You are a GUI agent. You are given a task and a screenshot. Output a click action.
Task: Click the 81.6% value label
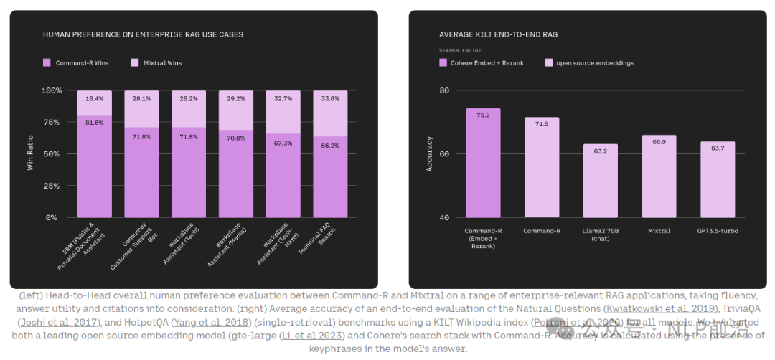(x=94, y=123)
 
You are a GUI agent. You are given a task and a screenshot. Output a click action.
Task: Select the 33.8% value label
(x=330, y=99)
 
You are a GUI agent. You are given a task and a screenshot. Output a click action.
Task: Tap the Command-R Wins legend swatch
(x=47, y=63)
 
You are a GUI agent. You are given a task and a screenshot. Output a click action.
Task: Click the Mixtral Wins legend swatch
(x=135, y=63)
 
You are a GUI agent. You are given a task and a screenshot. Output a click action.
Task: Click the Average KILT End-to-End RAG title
(x=498, y=34)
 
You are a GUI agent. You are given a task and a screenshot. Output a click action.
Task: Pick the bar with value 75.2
(x=483, y=163)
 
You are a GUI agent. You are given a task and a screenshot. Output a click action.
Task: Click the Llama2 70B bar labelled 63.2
(x=600, y=181)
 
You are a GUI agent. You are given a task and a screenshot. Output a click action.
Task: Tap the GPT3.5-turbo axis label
(x=718, y=231)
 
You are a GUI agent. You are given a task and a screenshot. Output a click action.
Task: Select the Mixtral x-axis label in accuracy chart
(x=659, y=231)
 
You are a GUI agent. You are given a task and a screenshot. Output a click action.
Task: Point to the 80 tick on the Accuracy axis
(x=444, y=90)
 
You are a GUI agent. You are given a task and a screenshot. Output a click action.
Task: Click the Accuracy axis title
(x=430, y=153)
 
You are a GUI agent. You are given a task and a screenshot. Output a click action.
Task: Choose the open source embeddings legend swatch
(x=549, y=63)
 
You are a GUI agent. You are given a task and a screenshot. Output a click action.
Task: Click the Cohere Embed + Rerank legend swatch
(x=443, y=63)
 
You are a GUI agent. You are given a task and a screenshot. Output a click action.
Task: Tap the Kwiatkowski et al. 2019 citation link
(x=661, y=308)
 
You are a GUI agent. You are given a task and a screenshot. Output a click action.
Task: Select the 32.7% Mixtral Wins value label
(x=283, y=98)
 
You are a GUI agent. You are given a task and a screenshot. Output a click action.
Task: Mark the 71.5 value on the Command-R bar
(x=542, y=124)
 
